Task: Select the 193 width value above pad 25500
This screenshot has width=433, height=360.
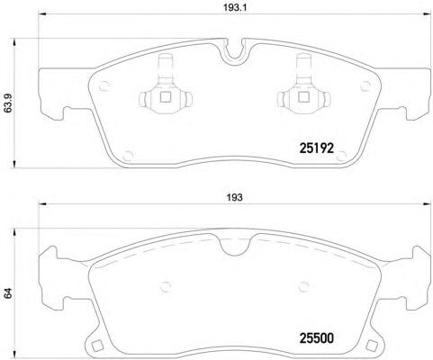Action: (x=233, y=198)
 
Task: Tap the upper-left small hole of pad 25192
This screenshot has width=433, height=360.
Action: (x=104, y=86)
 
